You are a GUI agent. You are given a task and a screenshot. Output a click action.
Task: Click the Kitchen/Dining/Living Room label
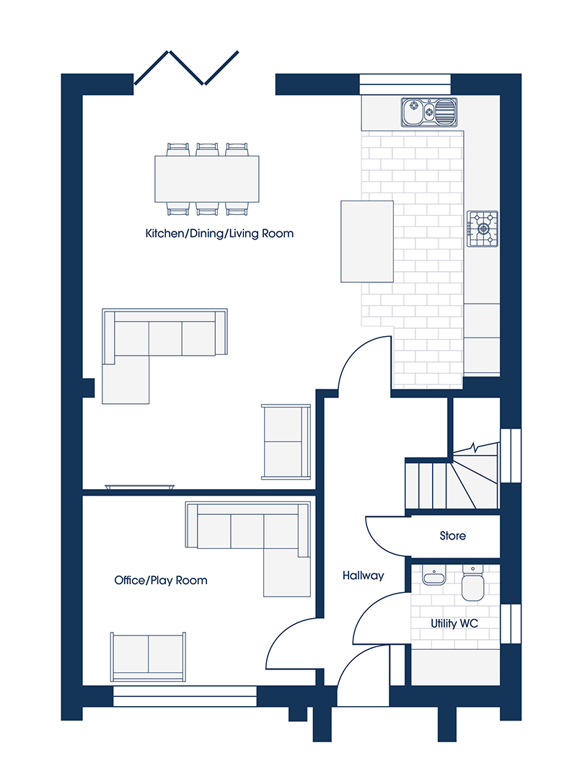tap(219, 234)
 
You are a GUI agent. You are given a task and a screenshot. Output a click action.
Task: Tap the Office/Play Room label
tap(161, 580)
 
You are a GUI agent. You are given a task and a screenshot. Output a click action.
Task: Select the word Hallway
tap(364, 576)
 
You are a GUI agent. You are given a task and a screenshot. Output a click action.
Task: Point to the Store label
tap(453, 535)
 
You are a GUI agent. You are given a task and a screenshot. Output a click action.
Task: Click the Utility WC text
tap(454, 623)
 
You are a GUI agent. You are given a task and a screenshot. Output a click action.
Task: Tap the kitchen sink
tap(429, 112)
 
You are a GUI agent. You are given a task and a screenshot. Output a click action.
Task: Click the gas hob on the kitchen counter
tap(482, 229)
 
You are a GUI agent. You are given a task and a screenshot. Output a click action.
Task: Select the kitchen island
tap(367, 242)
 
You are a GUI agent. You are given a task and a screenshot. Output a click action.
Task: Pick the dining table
tap(207, 179)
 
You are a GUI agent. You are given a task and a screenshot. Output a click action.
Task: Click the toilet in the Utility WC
tap(472, 583)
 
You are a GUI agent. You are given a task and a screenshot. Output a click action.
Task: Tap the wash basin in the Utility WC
tap(434, 576)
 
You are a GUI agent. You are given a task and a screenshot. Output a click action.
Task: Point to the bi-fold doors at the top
tap(186, 67)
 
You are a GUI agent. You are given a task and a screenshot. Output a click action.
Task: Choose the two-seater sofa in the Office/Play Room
tap(148, 656)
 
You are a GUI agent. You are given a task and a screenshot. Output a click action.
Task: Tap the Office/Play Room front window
tap(185, 696)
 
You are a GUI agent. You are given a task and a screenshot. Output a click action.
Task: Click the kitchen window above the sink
tap(405, 84)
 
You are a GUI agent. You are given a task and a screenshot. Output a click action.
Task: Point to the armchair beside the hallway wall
tap(286, 441)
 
